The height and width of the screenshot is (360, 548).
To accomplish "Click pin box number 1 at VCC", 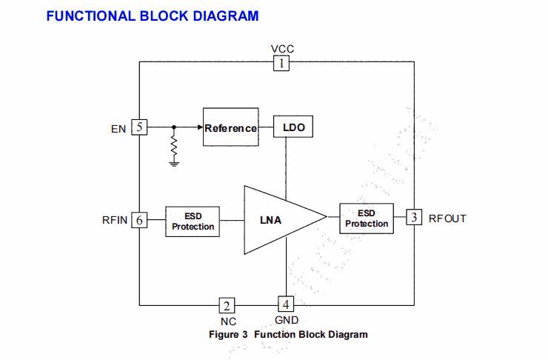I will click(x=281, y=64).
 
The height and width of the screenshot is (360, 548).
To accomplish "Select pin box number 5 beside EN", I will click(x=139, y=127).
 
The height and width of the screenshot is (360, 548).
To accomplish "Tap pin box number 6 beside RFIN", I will click(x=139, y=219).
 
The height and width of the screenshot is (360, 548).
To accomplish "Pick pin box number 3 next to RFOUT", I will click(x=415, y=217).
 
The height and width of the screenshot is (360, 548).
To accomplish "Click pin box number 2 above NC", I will click(x=227, y=305).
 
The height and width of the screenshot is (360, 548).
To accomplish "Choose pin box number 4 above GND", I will click(x=286, y=303).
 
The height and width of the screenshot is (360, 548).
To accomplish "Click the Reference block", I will click(x=230, y=128).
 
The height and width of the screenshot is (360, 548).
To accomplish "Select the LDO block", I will click(x=293, y=127).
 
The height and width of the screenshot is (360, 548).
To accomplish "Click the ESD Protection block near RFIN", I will click(x=193, y=221).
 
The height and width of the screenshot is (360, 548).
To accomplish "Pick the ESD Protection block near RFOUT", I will click(x=366, y=219).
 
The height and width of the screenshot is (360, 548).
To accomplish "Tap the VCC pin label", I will click(x=282, y=49).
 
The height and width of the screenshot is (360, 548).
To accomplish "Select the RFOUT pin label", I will click(x=447, y=219).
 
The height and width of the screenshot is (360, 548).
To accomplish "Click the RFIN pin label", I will click(x=116, y=220).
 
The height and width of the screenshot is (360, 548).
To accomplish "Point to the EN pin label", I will click(x=118, y=129).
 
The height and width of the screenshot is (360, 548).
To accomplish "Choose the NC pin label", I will click(x=228, y=321).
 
